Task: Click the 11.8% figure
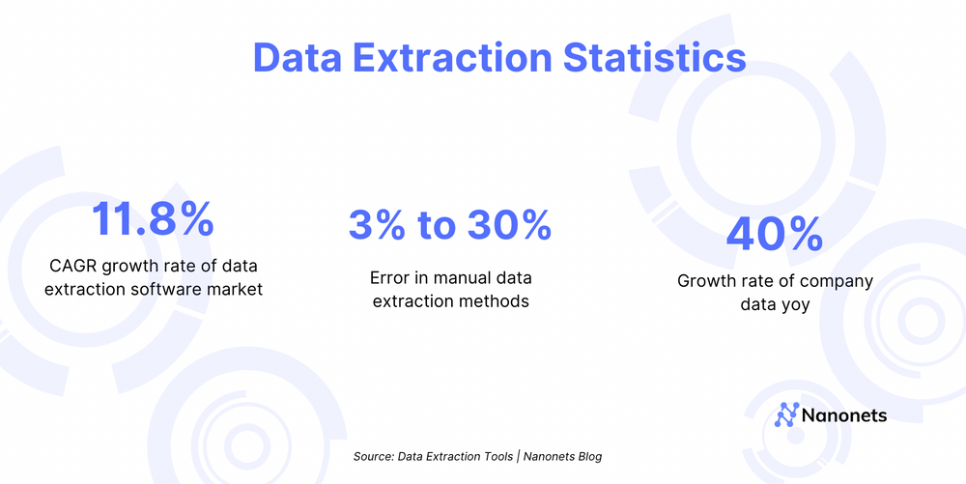point(153,219)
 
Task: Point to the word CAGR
point(72,266)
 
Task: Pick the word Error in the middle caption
point(390,278)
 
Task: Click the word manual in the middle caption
point(464,278)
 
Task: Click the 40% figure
point(774,234)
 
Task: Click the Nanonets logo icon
point(787,415)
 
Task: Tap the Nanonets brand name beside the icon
point(844,416)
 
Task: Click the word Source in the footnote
point(373,456)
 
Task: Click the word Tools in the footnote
point(495,456)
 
